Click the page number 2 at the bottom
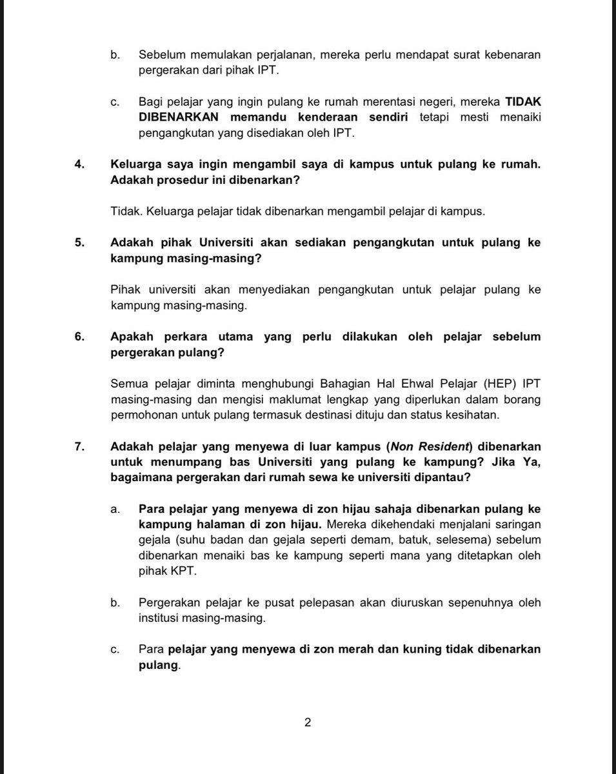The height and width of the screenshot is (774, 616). [308, 722]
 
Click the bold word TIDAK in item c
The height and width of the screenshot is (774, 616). [523, 101]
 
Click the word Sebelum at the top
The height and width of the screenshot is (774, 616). [162, 55]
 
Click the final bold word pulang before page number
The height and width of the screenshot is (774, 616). [157, 664]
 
